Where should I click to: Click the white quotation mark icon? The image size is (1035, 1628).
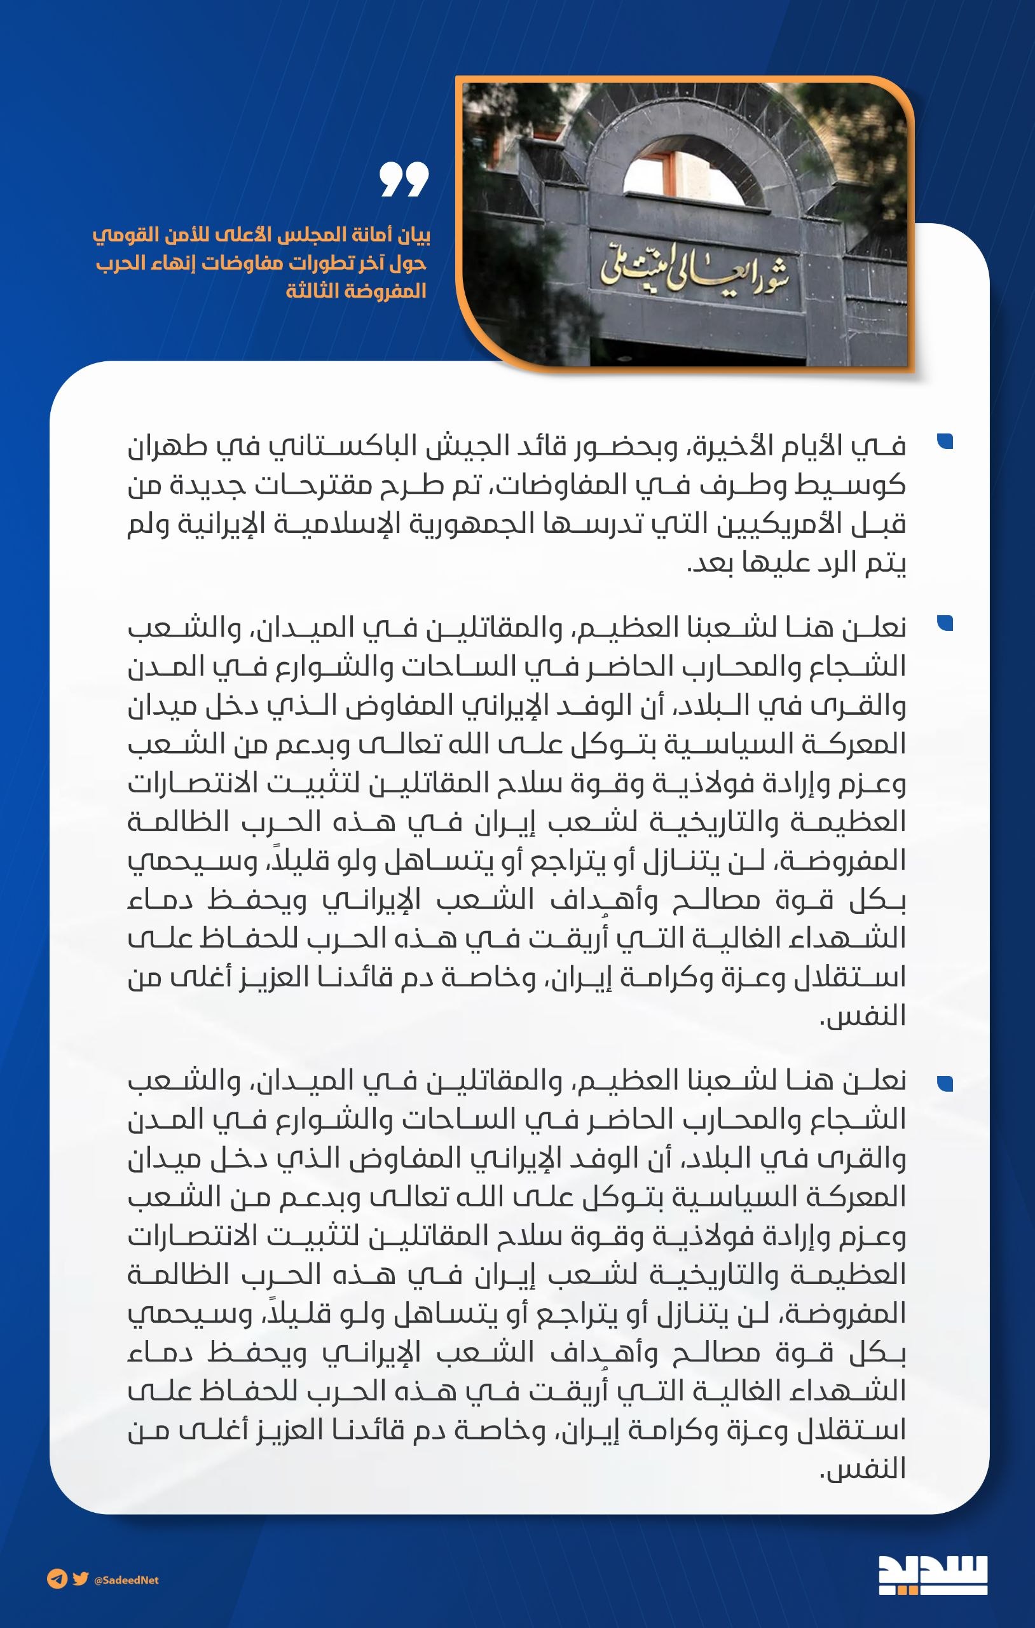click(x=404, y=179)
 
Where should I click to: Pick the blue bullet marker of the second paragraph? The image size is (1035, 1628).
click(x=945, y=623)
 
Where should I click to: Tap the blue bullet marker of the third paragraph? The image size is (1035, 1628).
click(x=945, y=1084)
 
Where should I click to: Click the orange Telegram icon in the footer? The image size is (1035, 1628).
click(x=56, y=1579)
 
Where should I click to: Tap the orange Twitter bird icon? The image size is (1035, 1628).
click(x=81, y=1579)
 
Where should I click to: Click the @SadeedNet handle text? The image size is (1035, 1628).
click(x=127, y=1580)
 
